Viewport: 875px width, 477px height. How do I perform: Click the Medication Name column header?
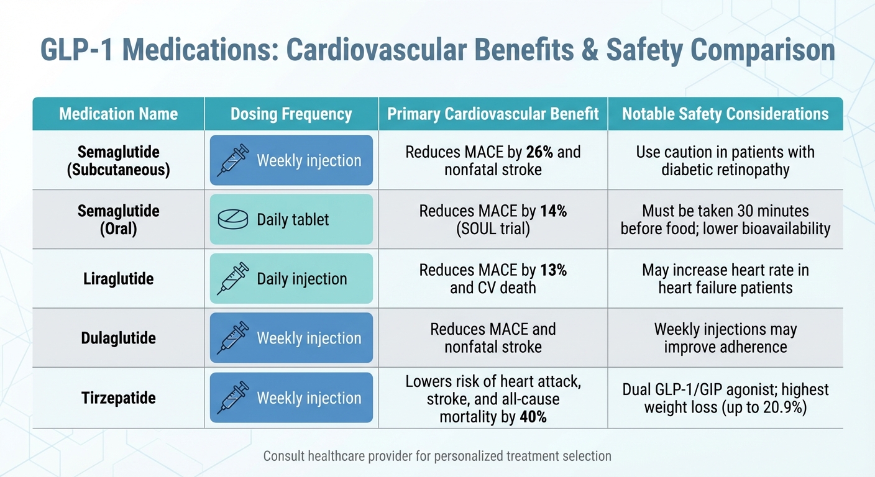(118, 114)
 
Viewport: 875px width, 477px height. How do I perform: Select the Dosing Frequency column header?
(291, 114)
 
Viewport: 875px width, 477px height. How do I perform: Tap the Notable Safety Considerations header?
(725, 114)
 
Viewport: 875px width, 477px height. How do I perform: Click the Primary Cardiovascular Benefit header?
(493, 114)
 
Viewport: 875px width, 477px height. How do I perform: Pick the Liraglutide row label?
(118, 279)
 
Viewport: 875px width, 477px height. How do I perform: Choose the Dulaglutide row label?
(118, 338)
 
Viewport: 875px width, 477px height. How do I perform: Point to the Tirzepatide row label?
(118, 398)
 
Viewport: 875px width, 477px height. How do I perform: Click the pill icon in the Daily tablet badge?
(232, 220)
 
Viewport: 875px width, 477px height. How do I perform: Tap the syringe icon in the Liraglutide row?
(232, 279)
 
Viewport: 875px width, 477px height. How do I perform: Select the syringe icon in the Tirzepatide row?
(232, 398)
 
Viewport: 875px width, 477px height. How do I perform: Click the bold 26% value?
(538, 152)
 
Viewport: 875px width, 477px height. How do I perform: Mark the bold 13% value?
(553, 271)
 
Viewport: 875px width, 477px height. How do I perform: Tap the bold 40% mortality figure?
(533, 417)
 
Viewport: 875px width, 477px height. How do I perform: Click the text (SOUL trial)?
(493, 229)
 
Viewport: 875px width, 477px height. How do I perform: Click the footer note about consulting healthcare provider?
(437, 457)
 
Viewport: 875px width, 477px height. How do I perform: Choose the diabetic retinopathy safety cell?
(725, 161)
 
